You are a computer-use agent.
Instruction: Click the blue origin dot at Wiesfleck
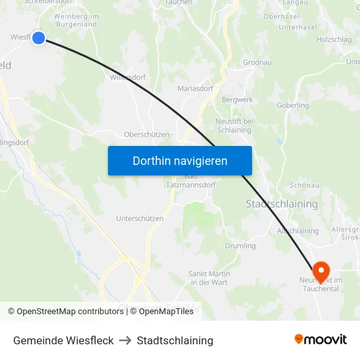(39, 38)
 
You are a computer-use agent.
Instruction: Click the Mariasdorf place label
(195, 88)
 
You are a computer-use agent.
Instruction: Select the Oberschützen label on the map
(147, 134)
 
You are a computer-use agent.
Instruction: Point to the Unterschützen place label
(139, 219)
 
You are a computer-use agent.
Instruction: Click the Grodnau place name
(257, 63)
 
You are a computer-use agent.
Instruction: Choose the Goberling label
(293, 105)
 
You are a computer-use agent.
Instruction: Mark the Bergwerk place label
(237, 99)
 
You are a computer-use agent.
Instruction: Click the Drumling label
(240, 246)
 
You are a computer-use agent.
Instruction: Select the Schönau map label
(303, 185)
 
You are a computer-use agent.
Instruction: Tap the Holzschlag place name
(334, 39)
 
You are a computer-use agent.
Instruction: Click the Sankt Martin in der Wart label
(209, 278)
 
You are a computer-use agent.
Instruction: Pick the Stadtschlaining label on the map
(281, 204)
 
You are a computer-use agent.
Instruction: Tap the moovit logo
(320, 340)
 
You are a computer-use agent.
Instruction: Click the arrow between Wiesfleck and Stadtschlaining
(125, 340)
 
